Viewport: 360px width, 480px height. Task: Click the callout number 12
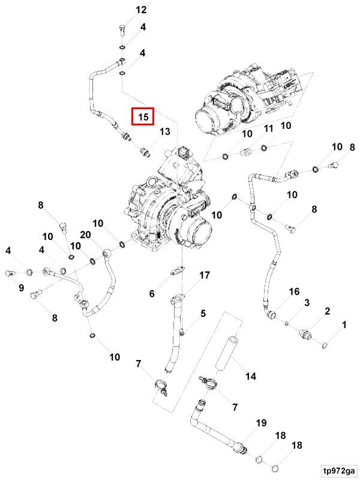pyautogui.click(x=141, y=10)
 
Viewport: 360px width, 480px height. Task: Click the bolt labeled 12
pyautogui.click(x=122, y=31)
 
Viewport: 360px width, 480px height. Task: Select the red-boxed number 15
pyautogui.click(x=143, y=116)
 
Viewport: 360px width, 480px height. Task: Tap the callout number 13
pyautogui.click(x=164, y=131)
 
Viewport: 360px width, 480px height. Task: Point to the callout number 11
pyautogui.click(x=268, y=128)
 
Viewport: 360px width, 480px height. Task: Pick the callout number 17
pyautogui.click(x=205, y=275)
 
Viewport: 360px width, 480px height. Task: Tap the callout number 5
pyautogui.click(x=203, y=313)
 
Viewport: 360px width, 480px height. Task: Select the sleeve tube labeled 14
pyautogui.click(x=226, y=352)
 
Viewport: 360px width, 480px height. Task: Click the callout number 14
pyautogui.click(x=250, y=376)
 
